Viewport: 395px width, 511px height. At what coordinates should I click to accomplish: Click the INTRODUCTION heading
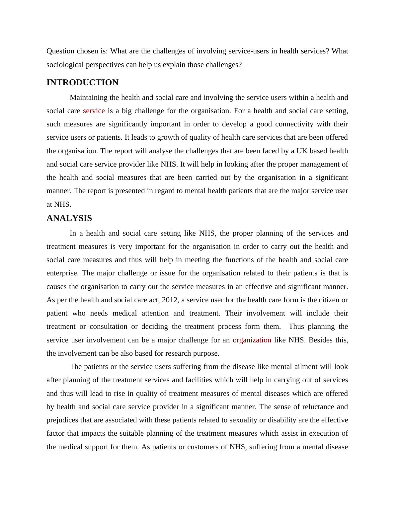click(x=82, y=83)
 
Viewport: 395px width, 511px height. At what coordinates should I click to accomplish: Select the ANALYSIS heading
click(x=69, y=218)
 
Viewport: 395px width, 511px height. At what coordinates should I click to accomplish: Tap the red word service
click(x=94, y=111)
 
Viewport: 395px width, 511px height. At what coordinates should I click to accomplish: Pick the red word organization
click(x=252, y=340)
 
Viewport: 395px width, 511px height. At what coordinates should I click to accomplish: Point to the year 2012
click(x=170, y=300)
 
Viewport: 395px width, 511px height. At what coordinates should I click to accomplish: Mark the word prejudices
click(x=62, y=420)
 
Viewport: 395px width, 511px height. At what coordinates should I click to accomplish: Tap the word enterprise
click(x=62, y=273)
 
